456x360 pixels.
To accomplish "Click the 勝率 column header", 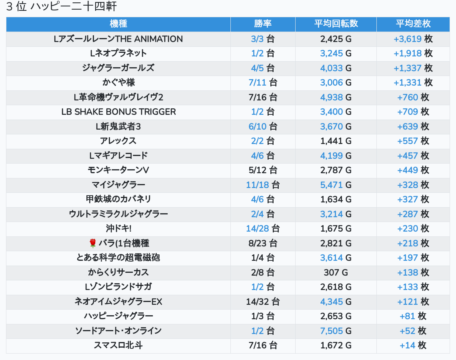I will [263, 24].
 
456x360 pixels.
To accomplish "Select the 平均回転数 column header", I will [336, 24].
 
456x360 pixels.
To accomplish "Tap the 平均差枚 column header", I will [413, 24].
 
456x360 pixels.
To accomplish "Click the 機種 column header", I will [118, 24].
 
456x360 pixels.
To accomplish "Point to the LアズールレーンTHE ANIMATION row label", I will [118, 39].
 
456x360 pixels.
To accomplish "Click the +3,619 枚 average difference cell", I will [413, 39].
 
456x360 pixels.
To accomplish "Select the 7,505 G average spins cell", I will [336, 331].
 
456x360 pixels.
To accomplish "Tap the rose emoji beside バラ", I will [93, 243].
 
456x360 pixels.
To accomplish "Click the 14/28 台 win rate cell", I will [263, 228].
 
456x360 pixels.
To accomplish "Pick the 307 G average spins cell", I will [336, 272].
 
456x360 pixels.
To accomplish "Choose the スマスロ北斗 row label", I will [118, 345].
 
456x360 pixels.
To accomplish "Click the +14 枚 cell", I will [413, 345].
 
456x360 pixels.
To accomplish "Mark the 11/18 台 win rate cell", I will [263, 185].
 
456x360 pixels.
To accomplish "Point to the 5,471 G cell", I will [336, 185].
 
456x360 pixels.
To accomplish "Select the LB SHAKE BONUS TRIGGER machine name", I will [118, 112].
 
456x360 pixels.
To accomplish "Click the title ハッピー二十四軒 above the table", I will [74, 7].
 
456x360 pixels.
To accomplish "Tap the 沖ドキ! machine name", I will [118, 228].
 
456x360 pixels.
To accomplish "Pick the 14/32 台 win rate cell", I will [263, 302].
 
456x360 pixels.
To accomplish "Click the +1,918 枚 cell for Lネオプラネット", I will [413, 53].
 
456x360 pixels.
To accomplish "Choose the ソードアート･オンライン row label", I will [118, 331].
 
